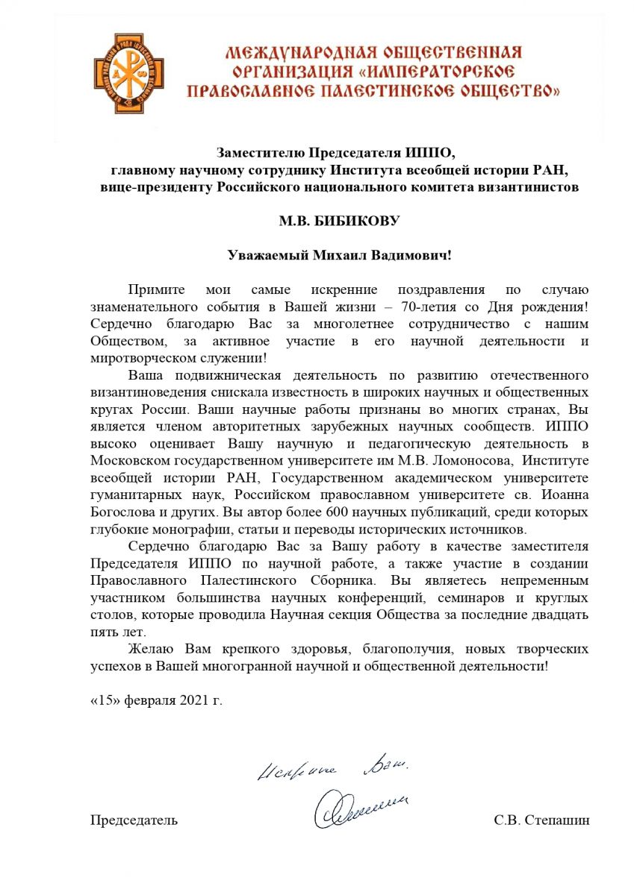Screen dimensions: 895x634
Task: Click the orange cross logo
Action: tap(128, 73)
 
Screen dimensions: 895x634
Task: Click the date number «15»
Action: tap(105, 701)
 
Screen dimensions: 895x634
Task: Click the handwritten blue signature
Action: tap(360, 807)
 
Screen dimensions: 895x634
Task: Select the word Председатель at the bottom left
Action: tap(134, 820)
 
